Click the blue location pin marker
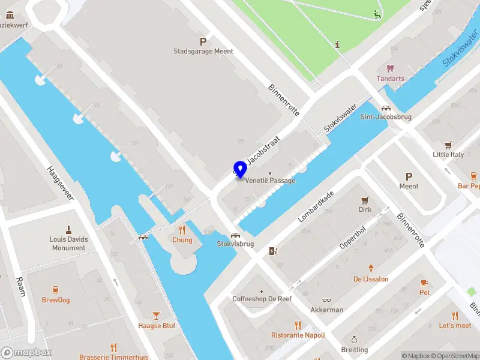click(240, 169)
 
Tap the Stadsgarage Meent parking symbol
click(203, 41)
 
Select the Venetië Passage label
click(269, 181)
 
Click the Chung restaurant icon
click(182, 230)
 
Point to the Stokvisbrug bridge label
click(235, 244)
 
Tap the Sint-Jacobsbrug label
click(385, 117)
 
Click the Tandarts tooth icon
click(391, 68)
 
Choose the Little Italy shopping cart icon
click(448, 145)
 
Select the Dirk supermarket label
click(364, 210)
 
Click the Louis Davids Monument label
click(68, 244)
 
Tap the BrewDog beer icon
click(56, 290)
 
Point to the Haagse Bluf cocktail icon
click(157, 316)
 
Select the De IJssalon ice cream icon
click(371, 269)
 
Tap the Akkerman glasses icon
click(326, 300)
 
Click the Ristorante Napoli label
click(298, 335)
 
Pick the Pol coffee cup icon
click(424, 283)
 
